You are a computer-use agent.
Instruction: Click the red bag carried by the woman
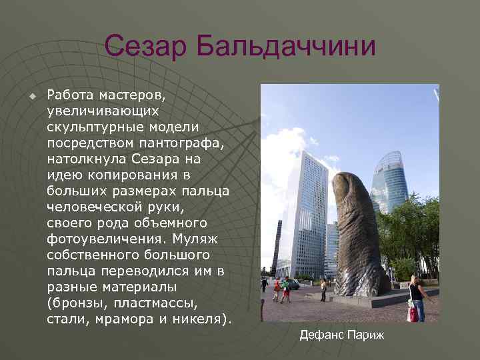[x=413, y=314]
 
